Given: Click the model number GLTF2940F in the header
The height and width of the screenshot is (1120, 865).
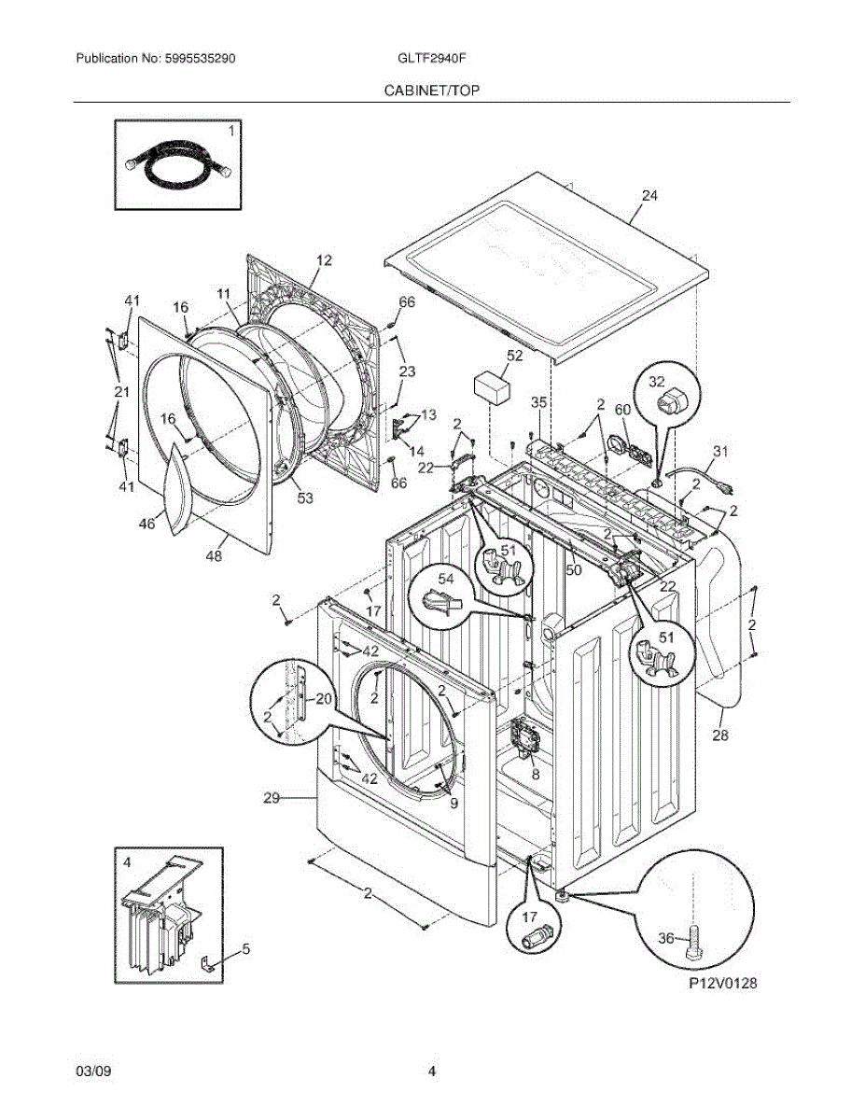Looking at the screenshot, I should [432, 58].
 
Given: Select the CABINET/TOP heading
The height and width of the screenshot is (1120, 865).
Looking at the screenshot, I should [431, 90].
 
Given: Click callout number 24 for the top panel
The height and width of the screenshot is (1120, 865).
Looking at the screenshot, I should [649, 196].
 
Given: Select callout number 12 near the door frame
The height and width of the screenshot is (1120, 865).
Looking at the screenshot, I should [323, 260].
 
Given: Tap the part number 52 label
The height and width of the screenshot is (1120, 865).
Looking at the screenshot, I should [515, 356].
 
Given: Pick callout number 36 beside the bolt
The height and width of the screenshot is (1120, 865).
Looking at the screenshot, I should [665, 938].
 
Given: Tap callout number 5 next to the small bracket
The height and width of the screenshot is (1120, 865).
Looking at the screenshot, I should [245, 949].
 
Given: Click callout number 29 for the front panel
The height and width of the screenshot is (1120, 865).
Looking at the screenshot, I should [272, 798].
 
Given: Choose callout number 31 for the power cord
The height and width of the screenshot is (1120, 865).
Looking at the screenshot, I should [719, 452].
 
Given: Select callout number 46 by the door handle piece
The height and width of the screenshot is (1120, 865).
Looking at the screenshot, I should [146, 524].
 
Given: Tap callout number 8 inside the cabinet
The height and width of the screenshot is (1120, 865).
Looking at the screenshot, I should [535, 774].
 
